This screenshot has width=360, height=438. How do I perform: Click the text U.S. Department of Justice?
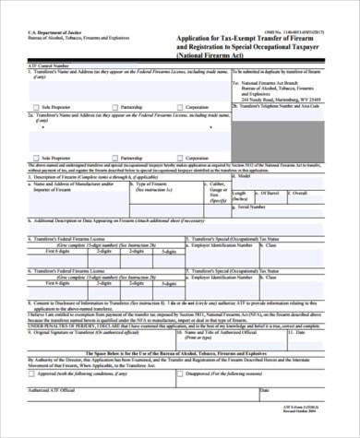pos(29,31)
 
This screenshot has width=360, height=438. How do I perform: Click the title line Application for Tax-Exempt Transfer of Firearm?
pos(250,38)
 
